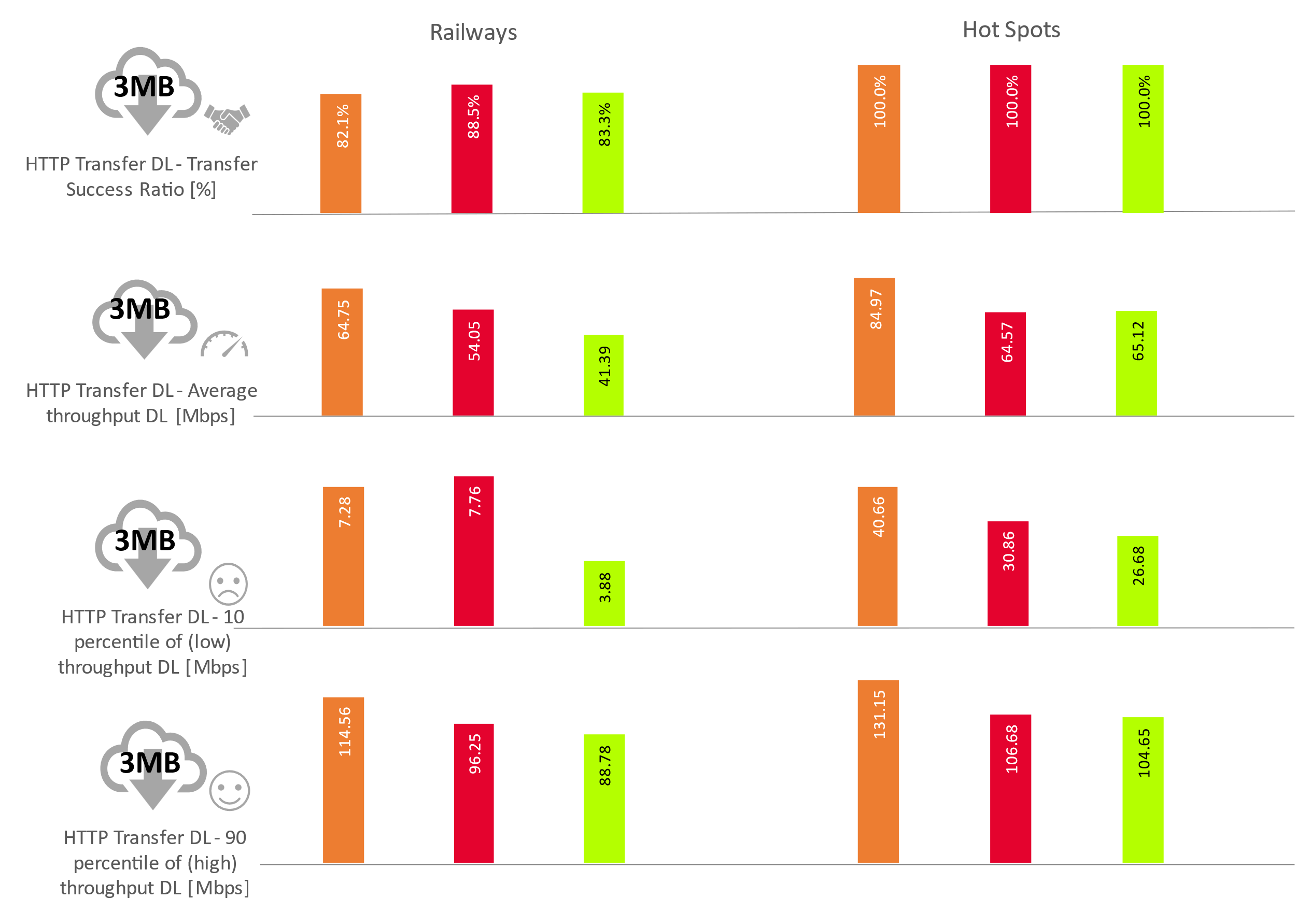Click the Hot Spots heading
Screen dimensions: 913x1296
[x=1011, y=30]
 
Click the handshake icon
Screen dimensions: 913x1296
[x=227, y=119]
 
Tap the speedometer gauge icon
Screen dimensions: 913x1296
[x=224, y=344]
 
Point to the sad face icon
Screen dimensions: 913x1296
[x=228, y=583]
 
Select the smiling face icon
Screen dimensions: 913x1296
[x=229, y=790]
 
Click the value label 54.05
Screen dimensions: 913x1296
[x=474, y=341]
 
